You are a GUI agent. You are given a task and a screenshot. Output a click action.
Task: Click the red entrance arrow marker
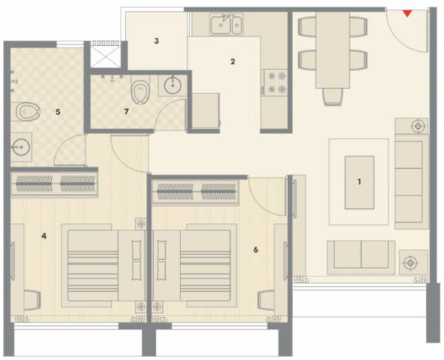point(406,12)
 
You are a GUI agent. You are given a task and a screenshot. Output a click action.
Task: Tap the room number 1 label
point(359,181)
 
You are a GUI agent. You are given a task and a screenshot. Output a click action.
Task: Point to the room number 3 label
point(156,41)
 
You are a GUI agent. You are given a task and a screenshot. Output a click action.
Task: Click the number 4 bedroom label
point(44,236)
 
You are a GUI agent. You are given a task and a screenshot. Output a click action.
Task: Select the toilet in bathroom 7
point(138,92)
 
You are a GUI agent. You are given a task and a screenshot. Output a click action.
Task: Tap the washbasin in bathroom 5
point(22,147)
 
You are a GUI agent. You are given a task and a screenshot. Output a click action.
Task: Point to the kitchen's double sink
point(226,26)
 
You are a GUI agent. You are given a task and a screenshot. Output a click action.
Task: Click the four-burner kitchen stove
point(275,81)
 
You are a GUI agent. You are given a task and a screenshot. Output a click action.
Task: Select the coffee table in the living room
point(359,181)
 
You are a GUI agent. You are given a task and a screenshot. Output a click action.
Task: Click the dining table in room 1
point(331,52)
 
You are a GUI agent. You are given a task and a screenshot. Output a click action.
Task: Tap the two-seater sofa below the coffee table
point(360,257)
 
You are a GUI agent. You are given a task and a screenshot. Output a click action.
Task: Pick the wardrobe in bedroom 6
point(196,192)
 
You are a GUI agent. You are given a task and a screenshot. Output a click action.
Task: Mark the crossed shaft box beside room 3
point(104,56)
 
